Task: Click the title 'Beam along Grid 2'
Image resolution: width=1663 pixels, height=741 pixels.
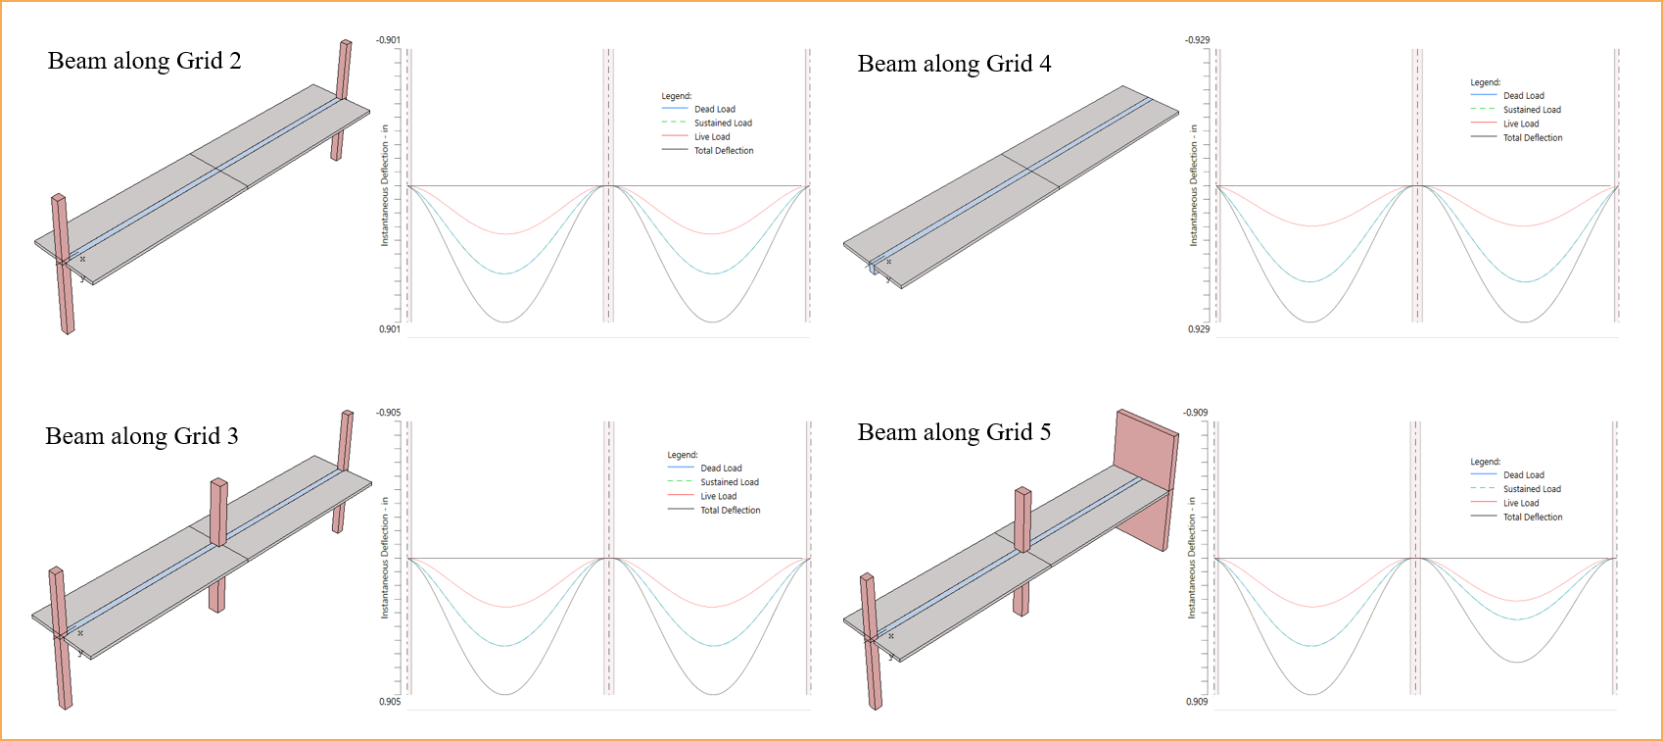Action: click(x=145, y=61)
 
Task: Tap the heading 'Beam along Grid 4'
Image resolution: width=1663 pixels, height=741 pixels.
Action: click(x=954, y=64)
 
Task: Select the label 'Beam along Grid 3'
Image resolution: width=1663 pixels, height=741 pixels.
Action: click(x=142, y=435)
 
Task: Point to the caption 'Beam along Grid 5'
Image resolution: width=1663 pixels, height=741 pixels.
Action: click(x=954, y=432)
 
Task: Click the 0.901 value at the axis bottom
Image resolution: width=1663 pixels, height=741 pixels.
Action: click(x=390, y=329)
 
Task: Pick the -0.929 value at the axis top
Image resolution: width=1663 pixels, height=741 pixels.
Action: click(x=1197, y=40)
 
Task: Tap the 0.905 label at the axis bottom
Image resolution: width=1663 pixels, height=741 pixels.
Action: click(x=390, y=702)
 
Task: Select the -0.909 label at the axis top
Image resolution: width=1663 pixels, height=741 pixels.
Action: click(x=1195, y=413)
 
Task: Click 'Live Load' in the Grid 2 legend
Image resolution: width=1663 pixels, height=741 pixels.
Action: click(x=712, y=137)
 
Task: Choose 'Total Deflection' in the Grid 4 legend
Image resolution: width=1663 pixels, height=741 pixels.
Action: click(x=1533, y=137)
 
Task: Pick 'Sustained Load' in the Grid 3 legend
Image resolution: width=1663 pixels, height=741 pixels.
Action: click(x=729, y=482)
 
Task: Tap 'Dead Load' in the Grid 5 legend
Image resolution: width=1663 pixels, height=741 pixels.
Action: click(x=1523, y=475)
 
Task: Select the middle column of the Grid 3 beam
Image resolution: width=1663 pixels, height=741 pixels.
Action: click(x=218, y=545)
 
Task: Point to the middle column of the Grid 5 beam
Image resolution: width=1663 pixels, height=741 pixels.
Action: click(x=1022, y=552)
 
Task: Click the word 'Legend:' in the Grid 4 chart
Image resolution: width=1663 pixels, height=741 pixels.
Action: click(x=1485, y=82)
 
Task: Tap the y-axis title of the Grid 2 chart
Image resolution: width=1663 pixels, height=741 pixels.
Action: click(x=385, y=185)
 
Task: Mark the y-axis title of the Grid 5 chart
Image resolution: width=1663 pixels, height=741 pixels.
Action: click(x=1192, y=558)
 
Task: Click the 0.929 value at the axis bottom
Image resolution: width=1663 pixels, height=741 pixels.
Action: click(x=1198, y=329)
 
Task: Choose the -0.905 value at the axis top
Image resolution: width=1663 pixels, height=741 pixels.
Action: click(x=388, y=413)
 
